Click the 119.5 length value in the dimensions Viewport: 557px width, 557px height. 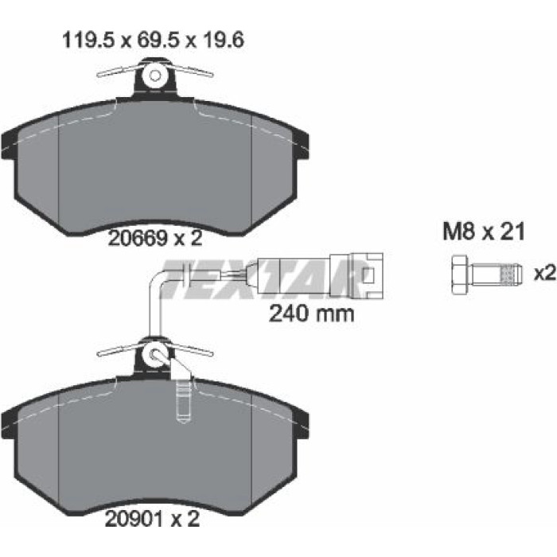point(88,40)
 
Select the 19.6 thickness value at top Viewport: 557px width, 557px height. point(223,40)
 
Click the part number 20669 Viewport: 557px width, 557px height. point(138,239)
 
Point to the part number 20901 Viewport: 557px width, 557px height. point(135,520)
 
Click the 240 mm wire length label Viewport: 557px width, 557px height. point(312,314)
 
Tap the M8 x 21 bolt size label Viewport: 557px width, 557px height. point(484,232)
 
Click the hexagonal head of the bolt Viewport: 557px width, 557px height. point(461,275)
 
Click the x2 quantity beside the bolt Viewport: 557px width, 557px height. point(544,274)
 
